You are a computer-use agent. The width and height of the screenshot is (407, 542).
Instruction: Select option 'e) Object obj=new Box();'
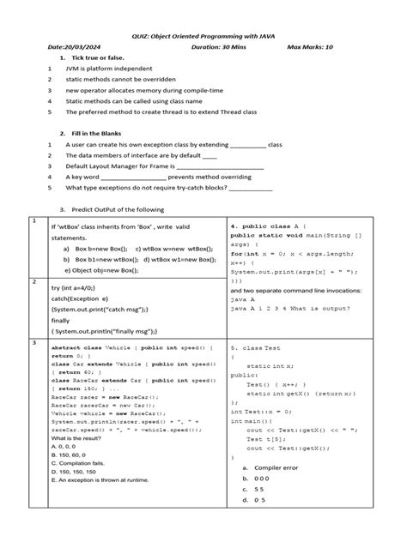coord(106,269)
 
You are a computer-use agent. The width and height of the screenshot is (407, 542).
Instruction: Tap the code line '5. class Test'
coord(256,349)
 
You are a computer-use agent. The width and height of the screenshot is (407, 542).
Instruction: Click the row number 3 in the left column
coord(33,343)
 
